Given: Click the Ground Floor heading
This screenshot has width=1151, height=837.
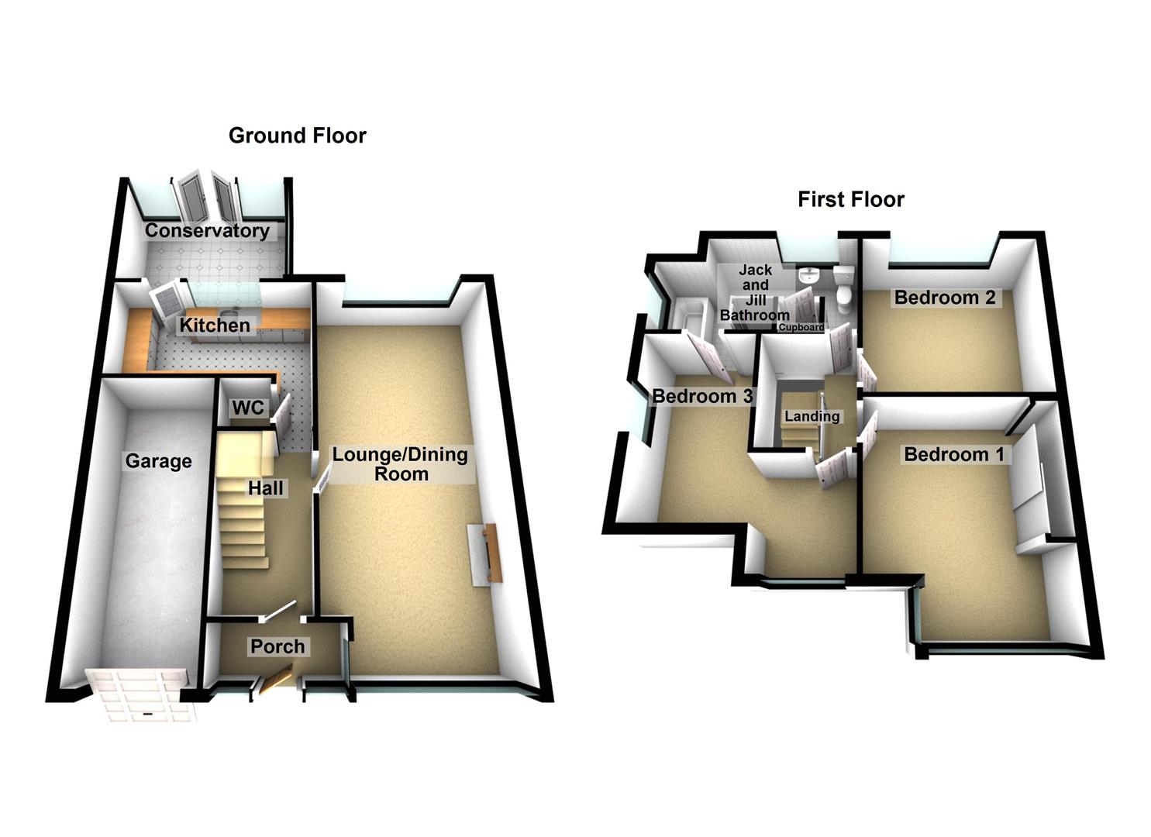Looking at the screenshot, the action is [297, 136].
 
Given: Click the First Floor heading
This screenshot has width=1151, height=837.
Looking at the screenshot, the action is [850, 200].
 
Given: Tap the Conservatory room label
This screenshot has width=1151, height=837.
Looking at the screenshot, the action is [207, 231].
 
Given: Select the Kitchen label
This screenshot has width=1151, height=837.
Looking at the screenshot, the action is [215, 325].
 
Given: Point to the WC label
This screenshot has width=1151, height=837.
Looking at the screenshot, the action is [248, 408].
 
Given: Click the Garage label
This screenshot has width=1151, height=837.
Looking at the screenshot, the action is [158, 462].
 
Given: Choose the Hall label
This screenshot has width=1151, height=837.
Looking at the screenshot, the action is [266, 488].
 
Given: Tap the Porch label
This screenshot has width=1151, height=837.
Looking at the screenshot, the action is [277, 646].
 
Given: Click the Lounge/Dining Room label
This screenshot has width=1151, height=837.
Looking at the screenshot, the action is [400, 464].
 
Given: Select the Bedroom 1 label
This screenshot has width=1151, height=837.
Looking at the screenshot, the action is [953, 454].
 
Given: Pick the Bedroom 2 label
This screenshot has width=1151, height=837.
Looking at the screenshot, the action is [944, 298].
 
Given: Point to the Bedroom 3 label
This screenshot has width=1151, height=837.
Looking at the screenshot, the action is [702, 397].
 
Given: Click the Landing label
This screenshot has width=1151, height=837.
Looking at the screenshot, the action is [812, 416].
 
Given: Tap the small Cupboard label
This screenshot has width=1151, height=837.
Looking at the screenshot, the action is [801, 328].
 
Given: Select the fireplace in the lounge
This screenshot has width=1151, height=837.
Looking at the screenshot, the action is [486, 553].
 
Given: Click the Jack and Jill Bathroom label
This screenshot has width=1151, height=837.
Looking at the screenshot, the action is [755, 293].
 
